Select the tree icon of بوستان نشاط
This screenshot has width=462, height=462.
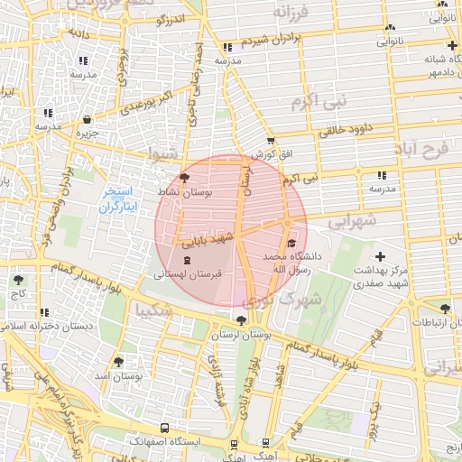tap(185, 179)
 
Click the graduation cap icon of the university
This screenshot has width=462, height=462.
tap(291, 243)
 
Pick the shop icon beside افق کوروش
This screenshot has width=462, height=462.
tap(271, 141)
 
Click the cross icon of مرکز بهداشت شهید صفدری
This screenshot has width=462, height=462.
tap(380, 258)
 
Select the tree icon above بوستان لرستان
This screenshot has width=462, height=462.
tap(240, 319)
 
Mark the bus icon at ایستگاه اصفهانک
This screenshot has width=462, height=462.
tap(164, 428)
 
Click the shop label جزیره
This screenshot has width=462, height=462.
tap(86, 134)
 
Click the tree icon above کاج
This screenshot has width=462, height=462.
tap(19, 280)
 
